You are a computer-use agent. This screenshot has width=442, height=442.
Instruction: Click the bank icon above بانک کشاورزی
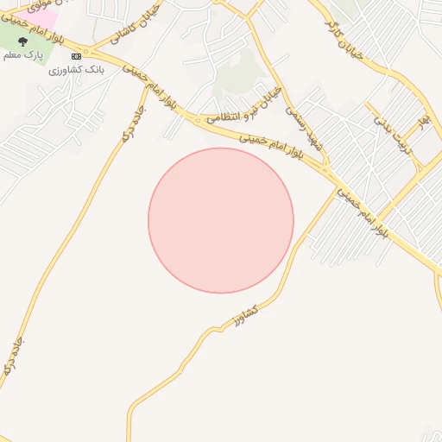coord(76,55)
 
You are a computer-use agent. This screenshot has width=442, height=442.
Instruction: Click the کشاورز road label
coord(246,317)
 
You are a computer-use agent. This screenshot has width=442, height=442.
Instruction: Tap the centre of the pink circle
coord(221,220)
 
